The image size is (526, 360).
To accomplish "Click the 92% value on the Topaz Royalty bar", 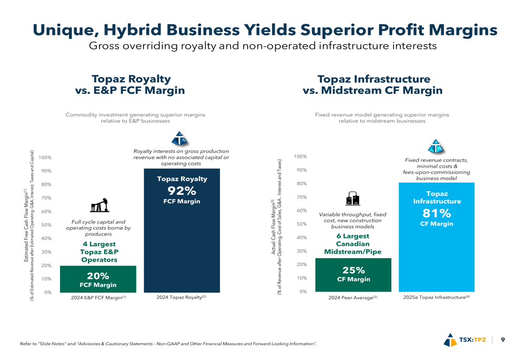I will click(x=181, y=190).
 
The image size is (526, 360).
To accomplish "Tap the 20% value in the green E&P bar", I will click(x=98, y=276).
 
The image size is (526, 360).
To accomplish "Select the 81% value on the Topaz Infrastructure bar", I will click(x=437, y=213).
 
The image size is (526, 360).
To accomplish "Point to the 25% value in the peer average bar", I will click(x=353, y=270).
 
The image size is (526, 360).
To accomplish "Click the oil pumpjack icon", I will click(x=98, y=204).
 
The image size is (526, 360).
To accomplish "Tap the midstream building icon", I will click(x=352, y=198).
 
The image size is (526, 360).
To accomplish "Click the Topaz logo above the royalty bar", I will click(x=180, y=139).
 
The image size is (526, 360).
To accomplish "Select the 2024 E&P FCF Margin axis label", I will click(x=98, y=298).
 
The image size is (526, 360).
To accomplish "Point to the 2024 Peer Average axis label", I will click(x=353, y=298).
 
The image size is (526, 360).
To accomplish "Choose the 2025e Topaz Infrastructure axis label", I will click(x=436, y=297).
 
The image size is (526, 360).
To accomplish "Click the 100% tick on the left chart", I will click(x=45, y=158).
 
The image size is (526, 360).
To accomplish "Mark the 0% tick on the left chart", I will click(x=47, y=292).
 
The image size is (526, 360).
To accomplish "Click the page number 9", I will click(x=503, y=340).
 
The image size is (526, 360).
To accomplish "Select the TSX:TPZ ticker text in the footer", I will click(x=473, y=340).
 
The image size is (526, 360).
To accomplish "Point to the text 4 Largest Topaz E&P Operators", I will click(x=99, y=252).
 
